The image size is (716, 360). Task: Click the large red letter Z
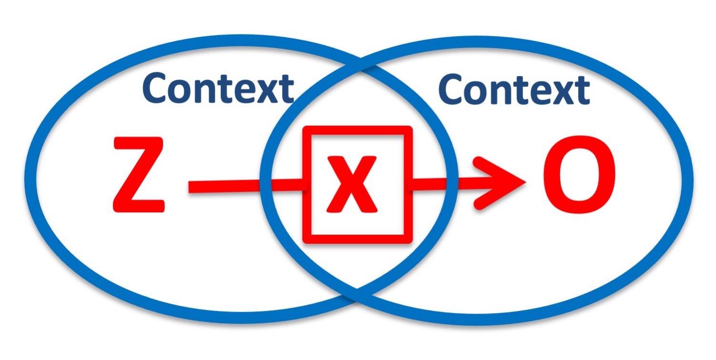coord(139,175)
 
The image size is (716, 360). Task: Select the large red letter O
coord(579,175)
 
